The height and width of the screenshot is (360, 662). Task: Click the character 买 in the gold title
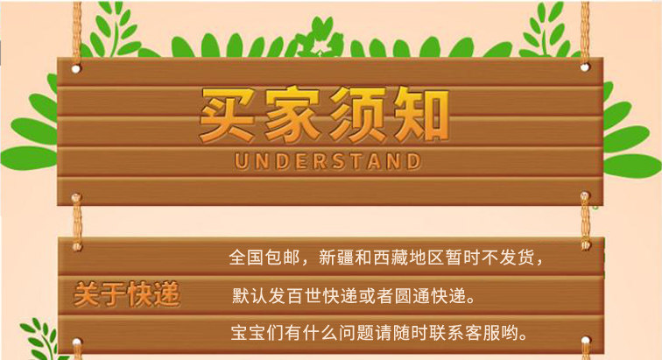[x=227, y=116]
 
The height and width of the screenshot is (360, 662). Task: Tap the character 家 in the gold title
[x=292, y=116]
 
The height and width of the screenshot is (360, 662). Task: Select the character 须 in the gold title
[x=357, y=116]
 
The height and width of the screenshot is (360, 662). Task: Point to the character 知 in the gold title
[x=421, y=116]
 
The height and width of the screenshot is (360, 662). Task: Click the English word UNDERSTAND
[x=327, y=161]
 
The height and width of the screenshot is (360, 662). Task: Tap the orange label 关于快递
[x=127, y=294]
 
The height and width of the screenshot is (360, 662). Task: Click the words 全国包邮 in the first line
[x=264, y=258]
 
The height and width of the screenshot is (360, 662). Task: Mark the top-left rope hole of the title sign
[x=76, y=69]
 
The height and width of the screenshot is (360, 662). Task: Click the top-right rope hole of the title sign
[x=585, y=67]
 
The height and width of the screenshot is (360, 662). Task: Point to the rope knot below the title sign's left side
[x=77, y=246]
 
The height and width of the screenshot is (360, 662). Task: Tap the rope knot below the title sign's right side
[x=586, y=244]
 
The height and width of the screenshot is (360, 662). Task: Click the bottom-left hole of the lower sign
[x=77, y=342]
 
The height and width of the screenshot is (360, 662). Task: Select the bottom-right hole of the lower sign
[x=586, y=341]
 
